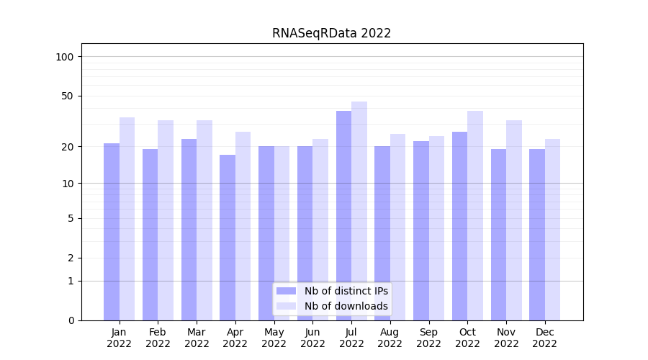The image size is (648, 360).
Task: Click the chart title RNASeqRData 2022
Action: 331,33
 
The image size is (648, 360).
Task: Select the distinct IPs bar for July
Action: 343,215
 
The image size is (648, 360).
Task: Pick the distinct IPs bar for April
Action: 228,238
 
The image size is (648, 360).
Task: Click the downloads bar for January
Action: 127,219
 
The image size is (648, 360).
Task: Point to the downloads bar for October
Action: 475,215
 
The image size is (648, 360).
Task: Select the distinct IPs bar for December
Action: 537,235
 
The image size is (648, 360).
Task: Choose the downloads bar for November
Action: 514,220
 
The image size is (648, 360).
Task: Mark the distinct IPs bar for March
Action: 189,230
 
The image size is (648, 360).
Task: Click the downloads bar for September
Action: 436,228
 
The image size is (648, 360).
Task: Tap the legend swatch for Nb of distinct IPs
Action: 286,291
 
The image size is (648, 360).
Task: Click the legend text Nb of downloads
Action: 346,306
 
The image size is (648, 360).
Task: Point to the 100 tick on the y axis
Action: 65,57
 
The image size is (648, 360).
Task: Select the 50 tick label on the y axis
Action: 68,96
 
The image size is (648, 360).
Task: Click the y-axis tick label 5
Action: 71,218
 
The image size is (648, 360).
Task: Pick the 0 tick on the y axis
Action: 71,320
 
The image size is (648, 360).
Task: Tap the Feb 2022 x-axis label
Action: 158,338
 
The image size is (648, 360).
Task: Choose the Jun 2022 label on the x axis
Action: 312,338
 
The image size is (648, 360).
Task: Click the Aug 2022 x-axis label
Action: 390,338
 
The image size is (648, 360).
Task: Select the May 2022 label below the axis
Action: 274,338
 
